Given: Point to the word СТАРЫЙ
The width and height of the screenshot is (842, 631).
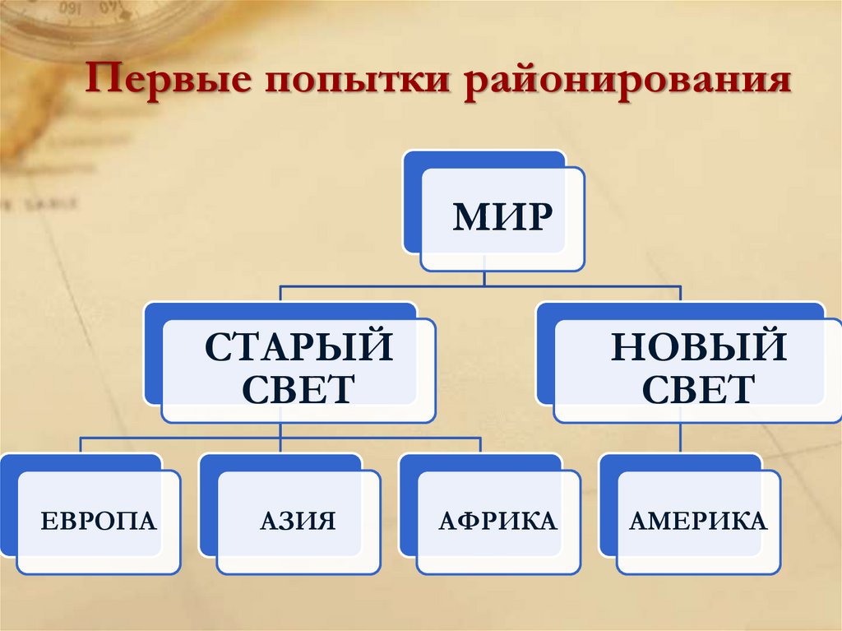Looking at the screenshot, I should [298, 346].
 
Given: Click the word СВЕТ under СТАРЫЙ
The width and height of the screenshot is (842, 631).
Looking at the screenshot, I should [298, 387].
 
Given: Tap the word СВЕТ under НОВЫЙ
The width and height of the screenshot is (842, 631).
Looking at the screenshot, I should [697, 387].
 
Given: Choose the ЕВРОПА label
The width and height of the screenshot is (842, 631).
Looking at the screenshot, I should [99, 521].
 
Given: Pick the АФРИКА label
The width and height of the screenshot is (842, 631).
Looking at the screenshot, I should [497, 521].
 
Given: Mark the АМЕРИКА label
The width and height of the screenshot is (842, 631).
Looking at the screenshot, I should [697, 521].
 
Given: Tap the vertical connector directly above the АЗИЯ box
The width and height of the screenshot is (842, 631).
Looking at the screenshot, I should [281, 445].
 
